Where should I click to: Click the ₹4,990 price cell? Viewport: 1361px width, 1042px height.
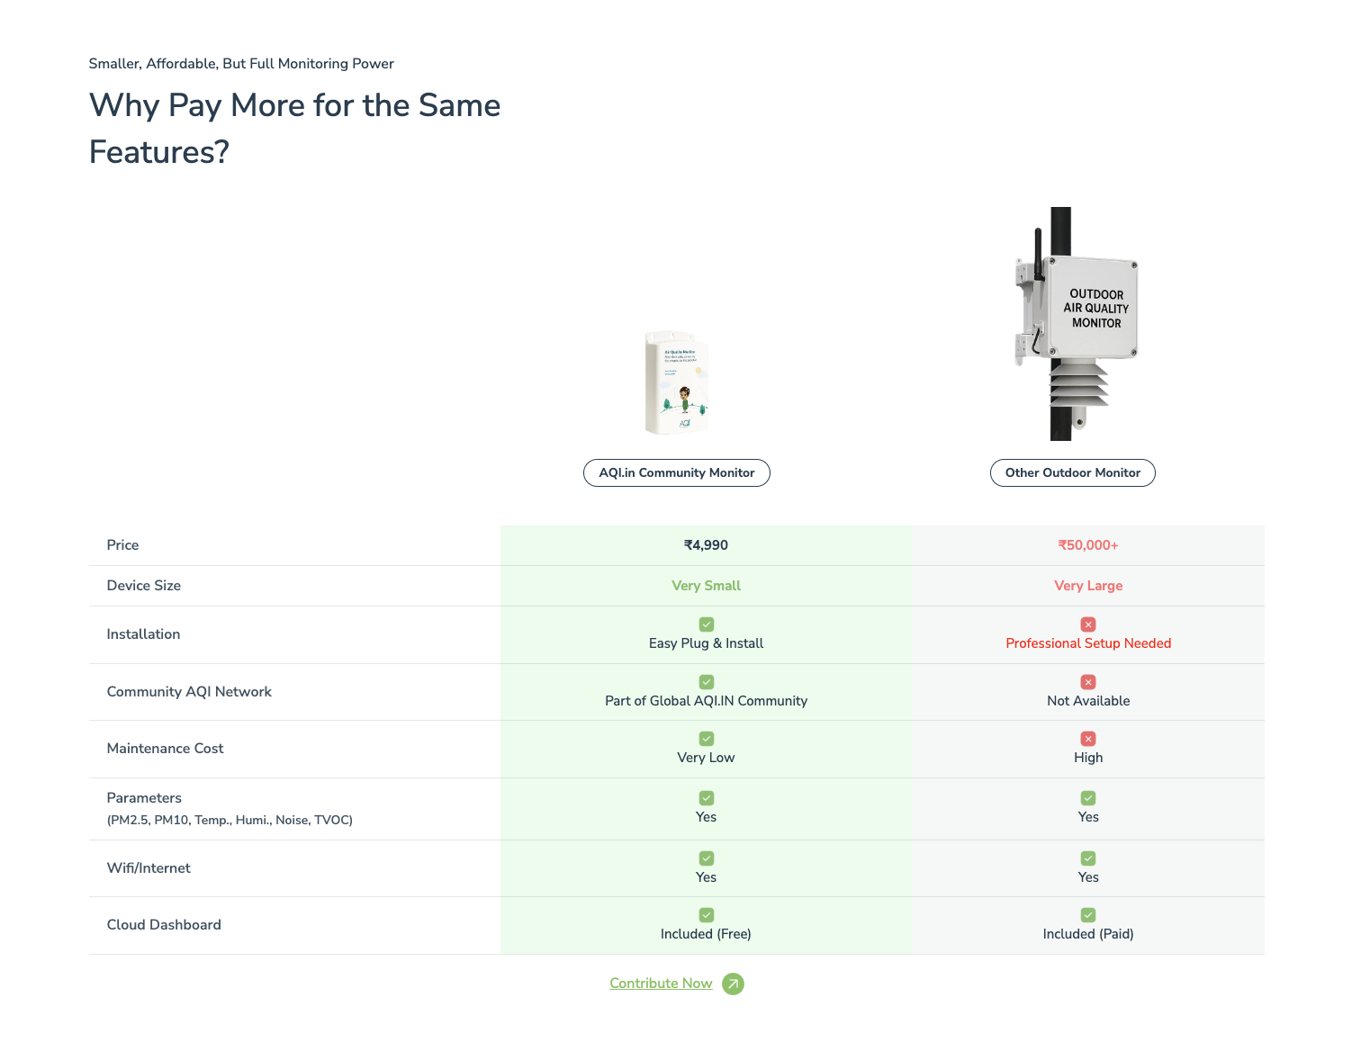(706, 545)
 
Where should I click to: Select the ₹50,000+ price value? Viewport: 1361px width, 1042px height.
(1087, 545)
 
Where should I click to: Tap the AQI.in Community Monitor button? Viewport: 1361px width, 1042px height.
(677, 473)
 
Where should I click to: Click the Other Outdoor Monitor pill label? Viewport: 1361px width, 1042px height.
(1072, 473)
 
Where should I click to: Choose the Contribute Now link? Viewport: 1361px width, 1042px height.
(661, 984)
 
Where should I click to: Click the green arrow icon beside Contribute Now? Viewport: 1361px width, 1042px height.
(733, 984)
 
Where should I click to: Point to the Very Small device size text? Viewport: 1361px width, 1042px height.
(706, 586)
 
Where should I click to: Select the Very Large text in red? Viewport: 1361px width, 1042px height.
(1087, 586)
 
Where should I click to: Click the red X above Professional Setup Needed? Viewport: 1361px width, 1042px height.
(1088, 624)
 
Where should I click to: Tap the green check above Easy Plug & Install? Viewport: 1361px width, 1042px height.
(707, 624)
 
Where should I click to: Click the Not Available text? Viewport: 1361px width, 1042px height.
(1087, 701)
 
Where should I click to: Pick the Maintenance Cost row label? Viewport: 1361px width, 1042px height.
(165, 749)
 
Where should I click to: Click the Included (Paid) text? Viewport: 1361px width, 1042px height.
(1087, 934)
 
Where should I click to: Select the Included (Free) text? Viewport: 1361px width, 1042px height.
(706, 934)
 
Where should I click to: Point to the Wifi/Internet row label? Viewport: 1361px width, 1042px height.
(149, 868)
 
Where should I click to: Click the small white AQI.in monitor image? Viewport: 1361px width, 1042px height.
(677, 383)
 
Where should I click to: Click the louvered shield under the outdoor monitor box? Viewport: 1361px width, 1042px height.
(1078, 383)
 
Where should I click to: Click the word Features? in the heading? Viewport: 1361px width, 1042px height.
(159, 152)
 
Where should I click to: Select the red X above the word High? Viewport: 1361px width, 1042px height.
(1088, 739)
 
